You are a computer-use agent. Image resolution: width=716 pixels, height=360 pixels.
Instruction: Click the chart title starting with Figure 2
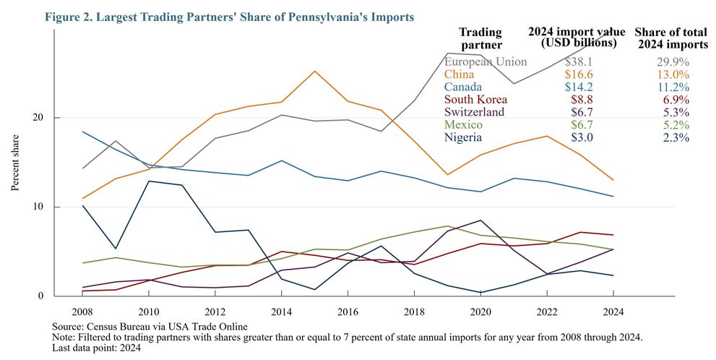[x=230, y=16]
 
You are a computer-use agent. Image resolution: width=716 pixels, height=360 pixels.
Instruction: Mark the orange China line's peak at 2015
[x=314, y=71]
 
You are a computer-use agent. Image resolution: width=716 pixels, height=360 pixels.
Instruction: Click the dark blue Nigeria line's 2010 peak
[x=149, y=181]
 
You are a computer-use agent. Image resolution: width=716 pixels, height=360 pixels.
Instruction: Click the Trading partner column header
[x=480, y=38]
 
